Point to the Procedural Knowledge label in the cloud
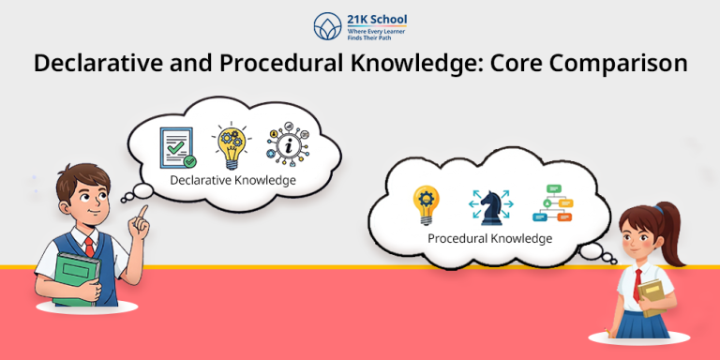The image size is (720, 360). [x=489, y=238]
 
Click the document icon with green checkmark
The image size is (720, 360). [x=178, y=147]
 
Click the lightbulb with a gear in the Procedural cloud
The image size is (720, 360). [x=427, y=204]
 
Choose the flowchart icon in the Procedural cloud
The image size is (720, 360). [x=551, y=203]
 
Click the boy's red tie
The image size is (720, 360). [x=90, y=247]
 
